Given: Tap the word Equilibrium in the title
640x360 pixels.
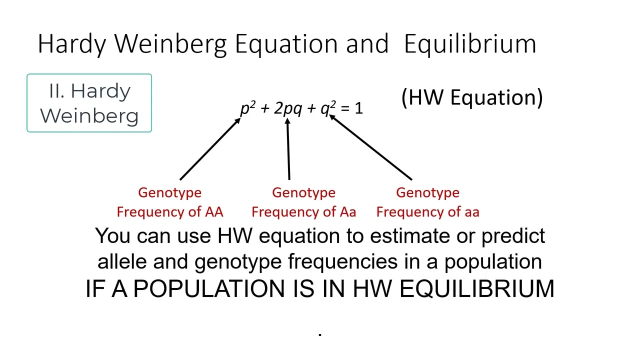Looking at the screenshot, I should coord(470,44).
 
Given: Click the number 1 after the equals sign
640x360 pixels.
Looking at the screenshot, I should coord(358,108).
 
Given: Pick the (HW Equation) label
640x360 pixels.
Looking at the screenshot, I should coord(471,97).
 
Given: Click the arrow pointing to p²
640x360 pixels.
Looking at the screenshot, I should coord(210,149).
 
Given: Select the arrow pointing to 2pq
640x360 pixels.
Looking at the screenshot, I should coord(288,149).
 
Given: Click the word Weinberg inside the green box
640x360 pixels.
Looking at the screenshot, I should coord(89,115).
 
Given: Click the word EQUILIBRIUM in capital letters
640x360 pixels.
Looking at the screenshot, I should coord(477,289).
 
